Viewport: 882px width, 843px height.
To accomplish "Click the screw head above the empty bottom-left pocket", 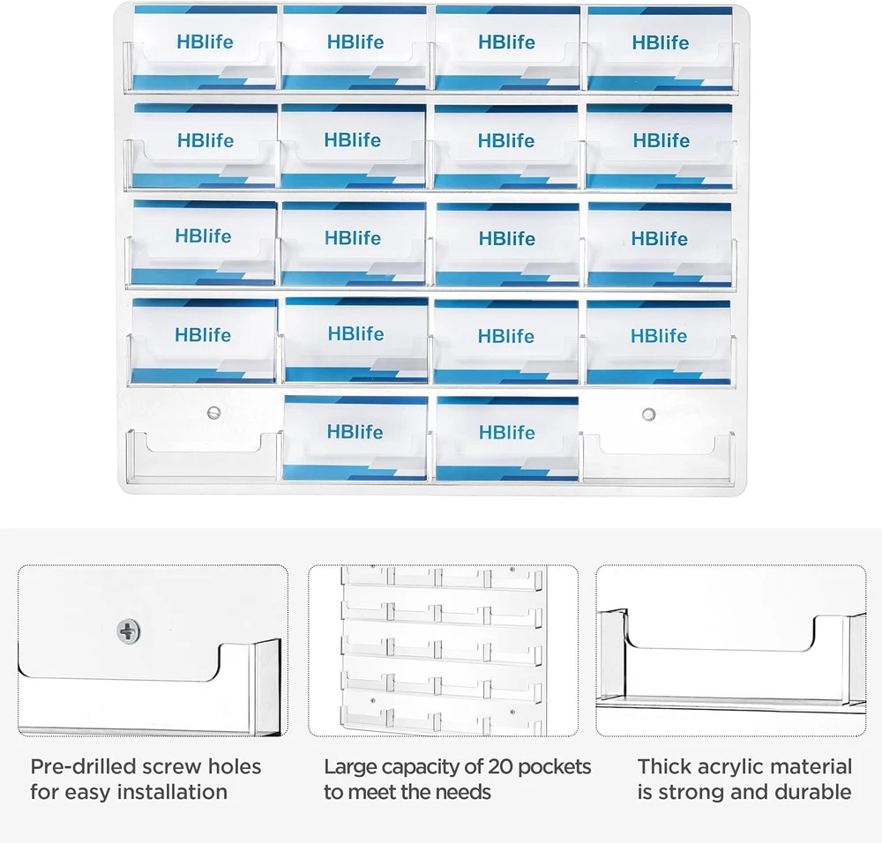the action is click(x=213, y=413).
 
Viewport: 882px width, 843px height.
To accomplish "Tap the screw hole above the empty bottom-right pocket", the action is click(x=648, y=414).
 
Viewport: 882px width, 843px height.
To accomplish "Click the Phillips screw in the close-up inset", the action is click(x=128, y=631).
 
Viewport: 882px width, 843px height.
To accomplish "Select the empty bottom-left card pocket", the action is click(x=205, y=457).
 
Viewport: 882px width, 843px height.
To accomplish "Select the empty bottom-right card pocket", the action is click(x=659, y=457).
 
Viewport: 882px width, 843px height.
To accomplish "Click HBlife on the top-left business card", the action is click(x=205, y=41).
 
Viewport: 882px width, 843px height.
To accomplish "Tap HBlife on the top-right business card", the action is click(x=661, y=42).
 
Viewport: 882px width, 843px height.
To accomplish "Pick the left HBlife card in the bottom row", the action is click(x=355, y=437).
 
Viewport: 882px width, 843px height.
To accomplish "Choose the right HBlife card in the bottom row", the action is click(x=507, y=438).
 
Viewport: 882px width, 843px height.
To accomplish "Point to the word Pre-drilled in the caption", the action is click(x=83, y=766).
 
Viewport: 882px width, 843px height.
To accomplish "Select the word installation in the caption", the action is click(x=172, y=792).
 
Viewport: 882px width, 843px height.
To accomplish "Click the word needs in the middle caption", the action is click(x=464, y=793).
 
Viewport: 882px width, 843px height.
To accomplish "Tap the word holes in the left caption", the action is click(x=235, y=766).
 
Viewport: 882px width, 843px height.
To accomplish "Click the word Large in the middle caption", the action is click(x=348, y=768).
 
